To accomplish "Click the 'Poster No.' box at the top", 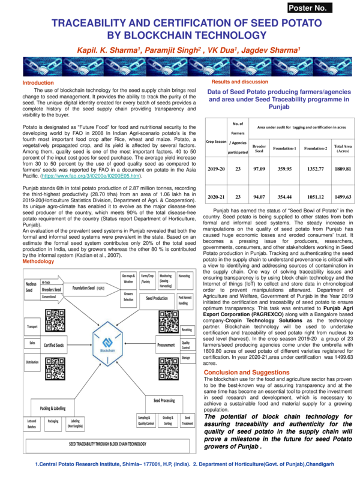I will (324, 8).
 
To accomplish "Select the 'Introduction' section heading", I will (38, 82).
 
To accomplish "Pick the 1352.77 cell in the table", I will (315, 169).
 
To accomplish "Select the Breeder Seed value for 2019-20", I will (259, 169).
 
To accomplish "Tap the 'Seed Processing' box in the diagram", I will (163, 400).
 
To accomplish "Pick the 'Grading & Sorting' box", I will (167, 421).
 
